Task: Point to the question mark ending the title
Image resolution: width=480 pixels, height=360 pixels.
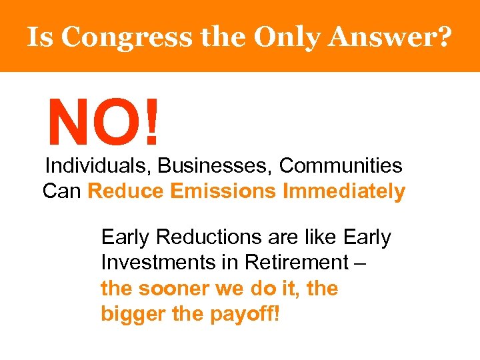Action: pos(442,37)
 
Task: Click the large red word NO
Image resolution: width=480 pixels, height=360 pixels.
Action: pos(93,122)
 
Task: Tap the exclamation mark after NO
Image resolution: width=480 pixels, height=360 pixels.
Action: pos(153,122)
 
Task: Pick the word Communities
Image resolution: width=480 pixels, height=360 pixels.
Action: pos(341,165)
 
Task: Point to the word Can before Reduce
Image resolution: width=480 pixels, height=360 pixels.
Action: pos(62,191)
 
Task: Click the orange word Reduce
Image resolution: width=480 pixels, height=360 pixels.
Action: pos(126,191)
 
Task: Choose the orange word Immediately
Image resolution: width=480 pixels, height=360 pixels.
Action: pos(344,191)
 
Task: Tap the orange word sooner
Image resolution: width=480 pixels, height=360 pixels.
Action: pos(165,289)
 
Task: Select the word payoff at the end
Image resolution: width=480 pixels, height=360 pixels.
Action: pos(243,314)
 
